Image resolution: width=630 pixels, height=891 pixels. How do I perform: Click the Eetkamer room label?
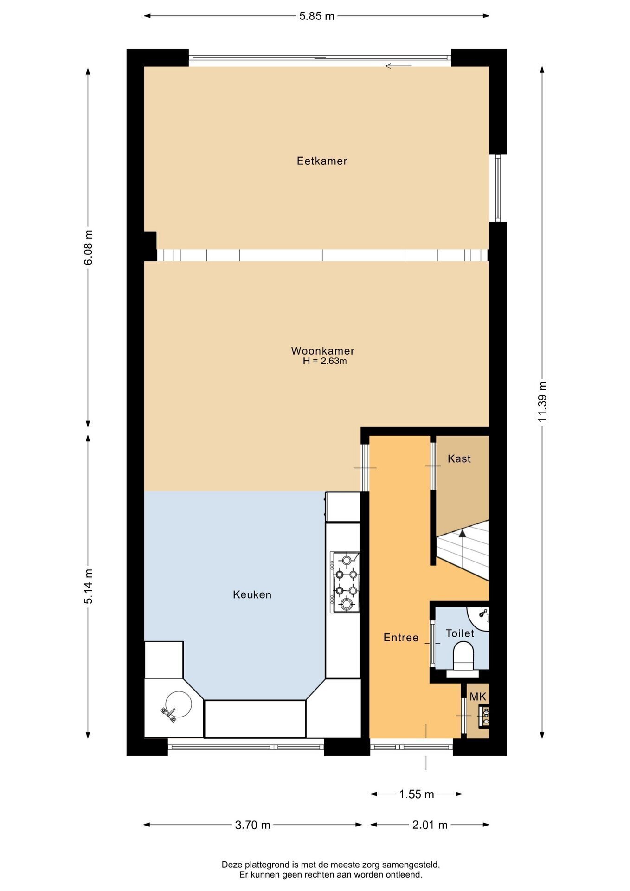(322, 161)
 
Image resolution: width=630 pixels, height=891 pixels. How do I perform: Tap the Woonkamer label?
(323, 351)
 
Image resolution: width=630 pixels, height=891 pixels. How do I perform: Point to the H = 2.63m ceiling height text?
(325, 361)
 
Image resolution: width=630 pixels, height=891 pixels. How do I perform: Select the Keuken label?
(252, 594)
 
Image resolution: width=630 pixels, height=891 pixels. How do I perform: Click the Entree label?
(401, 638)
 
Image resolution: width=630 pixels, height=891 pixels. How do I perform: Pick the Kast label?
(459, 458)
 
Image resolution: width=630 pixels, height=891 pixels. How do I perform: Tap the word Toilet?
(460, 633)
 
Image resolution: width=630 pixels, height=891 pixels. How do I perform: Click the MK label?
(478, 697)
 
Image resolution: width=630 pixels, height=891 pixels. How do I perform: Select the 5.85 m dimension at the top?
(317, 16)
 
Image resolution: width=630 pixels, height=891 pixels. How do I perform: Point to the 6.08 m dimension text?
(88, 247)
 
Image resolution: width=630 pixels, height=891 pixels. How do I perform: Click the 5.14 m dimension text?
(88, 586)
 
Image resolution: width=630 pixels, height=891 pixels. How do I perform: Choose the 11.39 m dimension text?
(542, 402)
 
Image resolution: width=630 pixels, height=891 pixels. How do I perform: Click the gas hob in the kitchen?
(345, 582)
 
